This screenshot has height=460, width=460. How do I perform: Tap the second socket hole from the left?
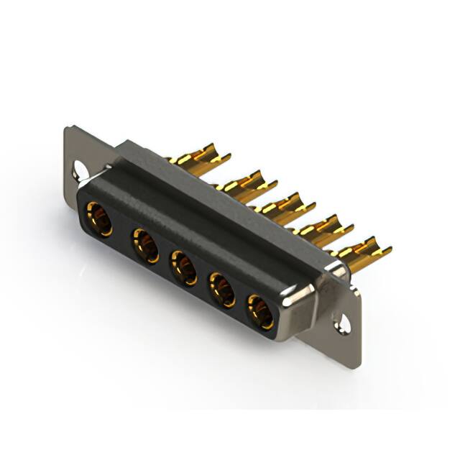pos(145,247)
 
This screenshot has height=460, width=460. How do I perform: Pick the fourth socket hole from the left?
pos(222,290)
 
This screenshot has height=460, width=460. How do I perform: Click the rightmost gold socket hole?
pos(259,312)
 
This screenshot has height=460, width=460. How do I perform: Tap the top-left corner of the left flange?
pos(68,129)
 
